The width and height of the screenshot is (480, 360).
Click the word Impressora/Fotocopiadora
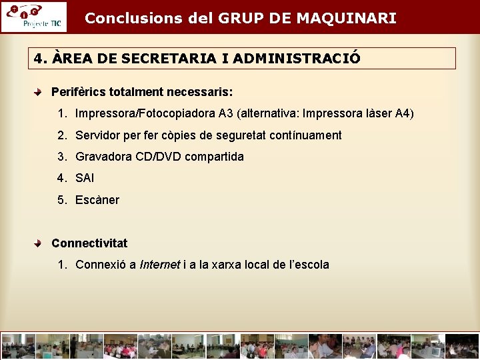[145, 113]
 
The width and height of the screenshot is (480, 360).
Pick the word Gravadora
[103, 157]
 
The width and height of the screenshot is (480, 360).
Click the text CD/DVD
[156, 157]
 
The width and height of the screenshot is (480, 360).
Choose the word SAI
[85, 178]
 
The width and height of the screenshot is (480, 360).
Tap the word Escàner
[97, 200]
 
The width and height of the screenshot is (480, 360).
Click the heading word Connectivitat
[89, 243]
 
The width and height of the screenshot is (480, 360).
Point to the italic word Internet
[159, 265]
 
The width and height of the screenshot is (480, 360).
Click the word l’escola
[309, 265]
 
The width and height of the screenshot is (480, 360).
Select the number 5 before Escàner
[61, 200]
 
